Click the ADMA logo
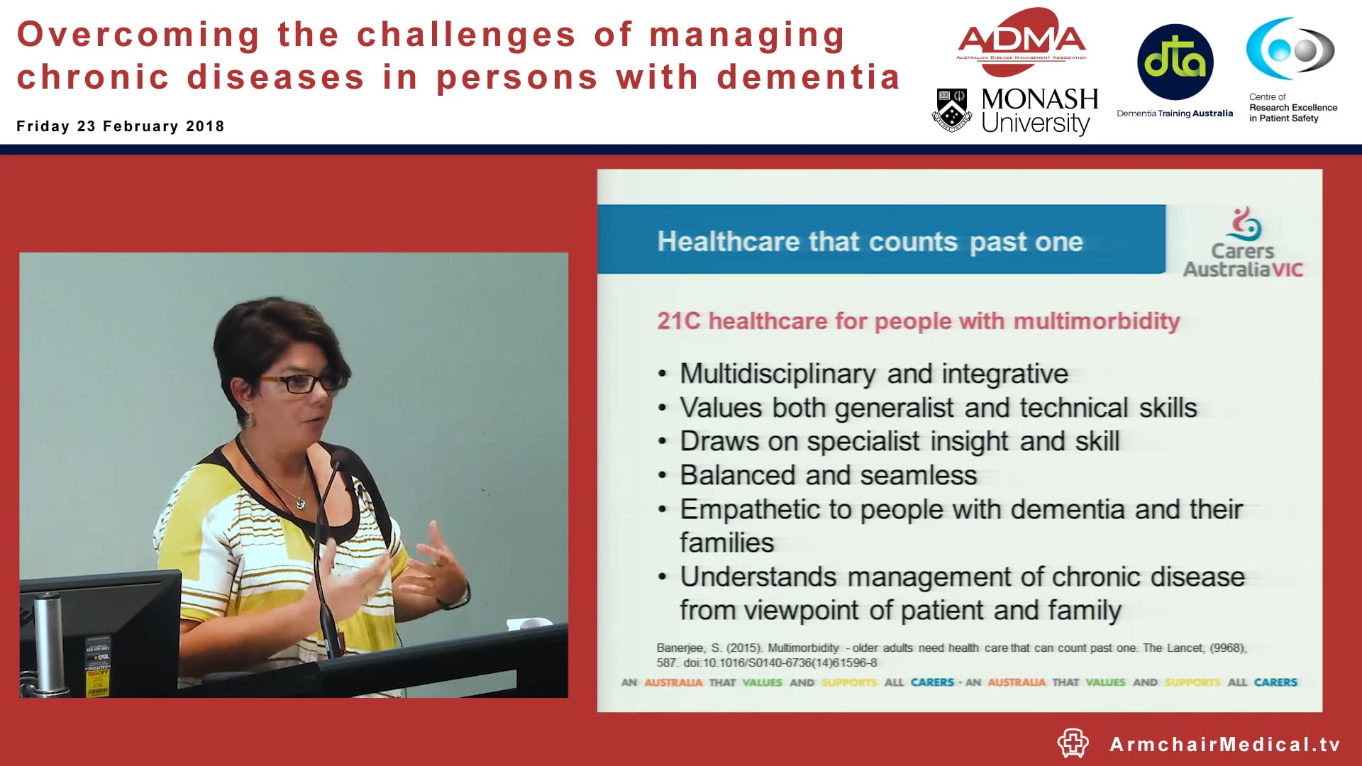tap(1021, 41)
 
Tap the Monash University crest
tap(951, 110)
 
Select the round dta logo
tap(1175, 62)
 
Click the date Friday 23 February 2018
tap(121, 126)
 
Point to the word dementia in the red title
tap(808, 77)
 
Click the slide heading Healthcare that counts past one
tap(870, 242)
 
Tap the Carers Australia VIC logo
tap(1243, 244)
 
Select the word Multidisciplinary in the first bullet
tap(778, 374)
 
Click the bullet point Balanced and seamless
tap(828, 475)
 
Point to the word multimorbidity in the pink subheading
tap(1096, 321)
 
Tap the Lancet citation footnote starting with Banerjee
tap(951, 655)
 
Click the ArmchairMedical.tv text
tap(1225, 744)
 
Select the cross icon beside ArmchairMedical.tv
tap(1073, 743)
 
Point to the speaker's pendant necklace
tap(301, 503)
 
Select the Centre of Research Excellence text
tap(1292, 108)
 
